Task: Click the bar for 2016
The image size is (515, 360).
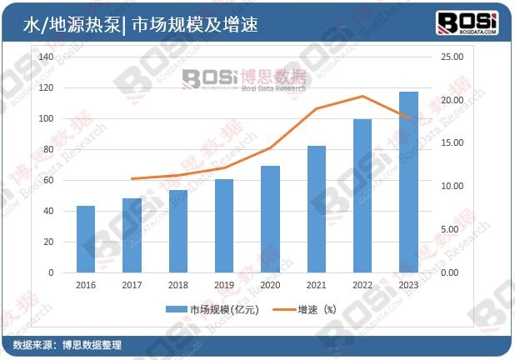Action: [x=86, y=239]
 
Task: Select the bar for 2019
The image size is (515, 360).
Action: [x=224, y=226]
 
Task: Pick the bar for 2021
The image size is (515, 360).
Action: [x=317, y=209]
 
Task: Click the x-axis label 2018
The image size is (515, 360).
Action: [x=177, y=284]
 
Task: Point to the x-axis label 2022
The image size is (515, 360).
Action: [x=362, y=284]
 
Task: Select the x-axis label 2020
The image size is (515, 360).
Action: [x=270, y=284]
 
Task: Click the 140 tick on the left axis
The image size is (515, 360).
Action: [x=46, y=57]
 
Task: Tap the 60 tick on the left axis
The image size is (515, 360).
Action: [x=48, y=180]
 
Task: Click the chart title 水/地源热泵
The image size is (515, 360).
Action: [x=71, y=25]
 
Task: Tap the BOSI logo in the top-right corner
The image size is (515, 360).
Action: [x=467, y=22]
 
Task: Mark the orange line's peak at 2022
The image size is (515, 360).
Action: [x=362, y=97]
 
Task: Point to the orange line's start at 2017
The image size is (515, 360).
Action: [x=132, y=179]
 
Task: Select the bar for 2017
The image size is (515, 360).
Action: [x=132, y=235]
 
